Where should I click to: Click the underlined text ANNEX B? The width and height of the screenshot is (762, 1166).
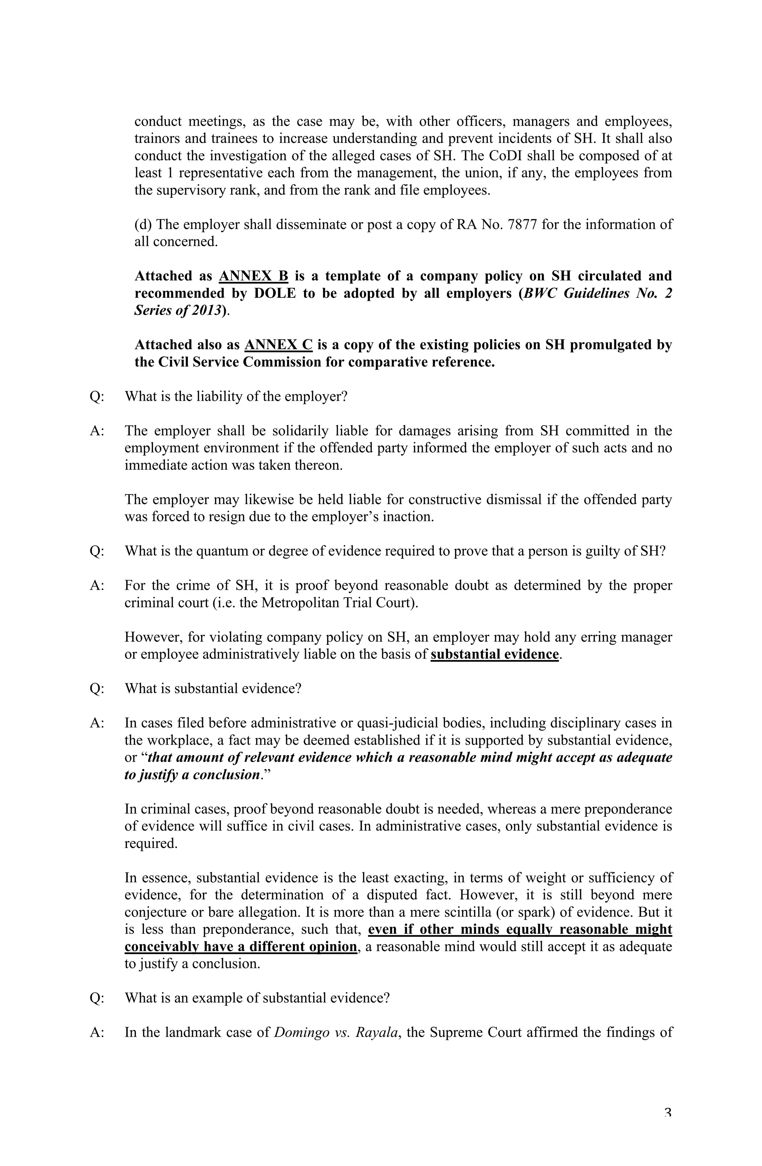tap(253, 276)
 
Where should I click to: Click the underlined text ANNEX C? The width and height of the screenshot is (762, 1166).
tap(278, 344)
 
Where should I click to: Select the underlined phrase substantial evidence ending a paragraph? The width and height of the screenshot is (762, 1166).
tap(494, 654)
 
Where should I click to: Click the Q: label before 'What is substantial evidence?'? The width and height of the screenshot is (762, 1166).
tap(96, 688)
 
